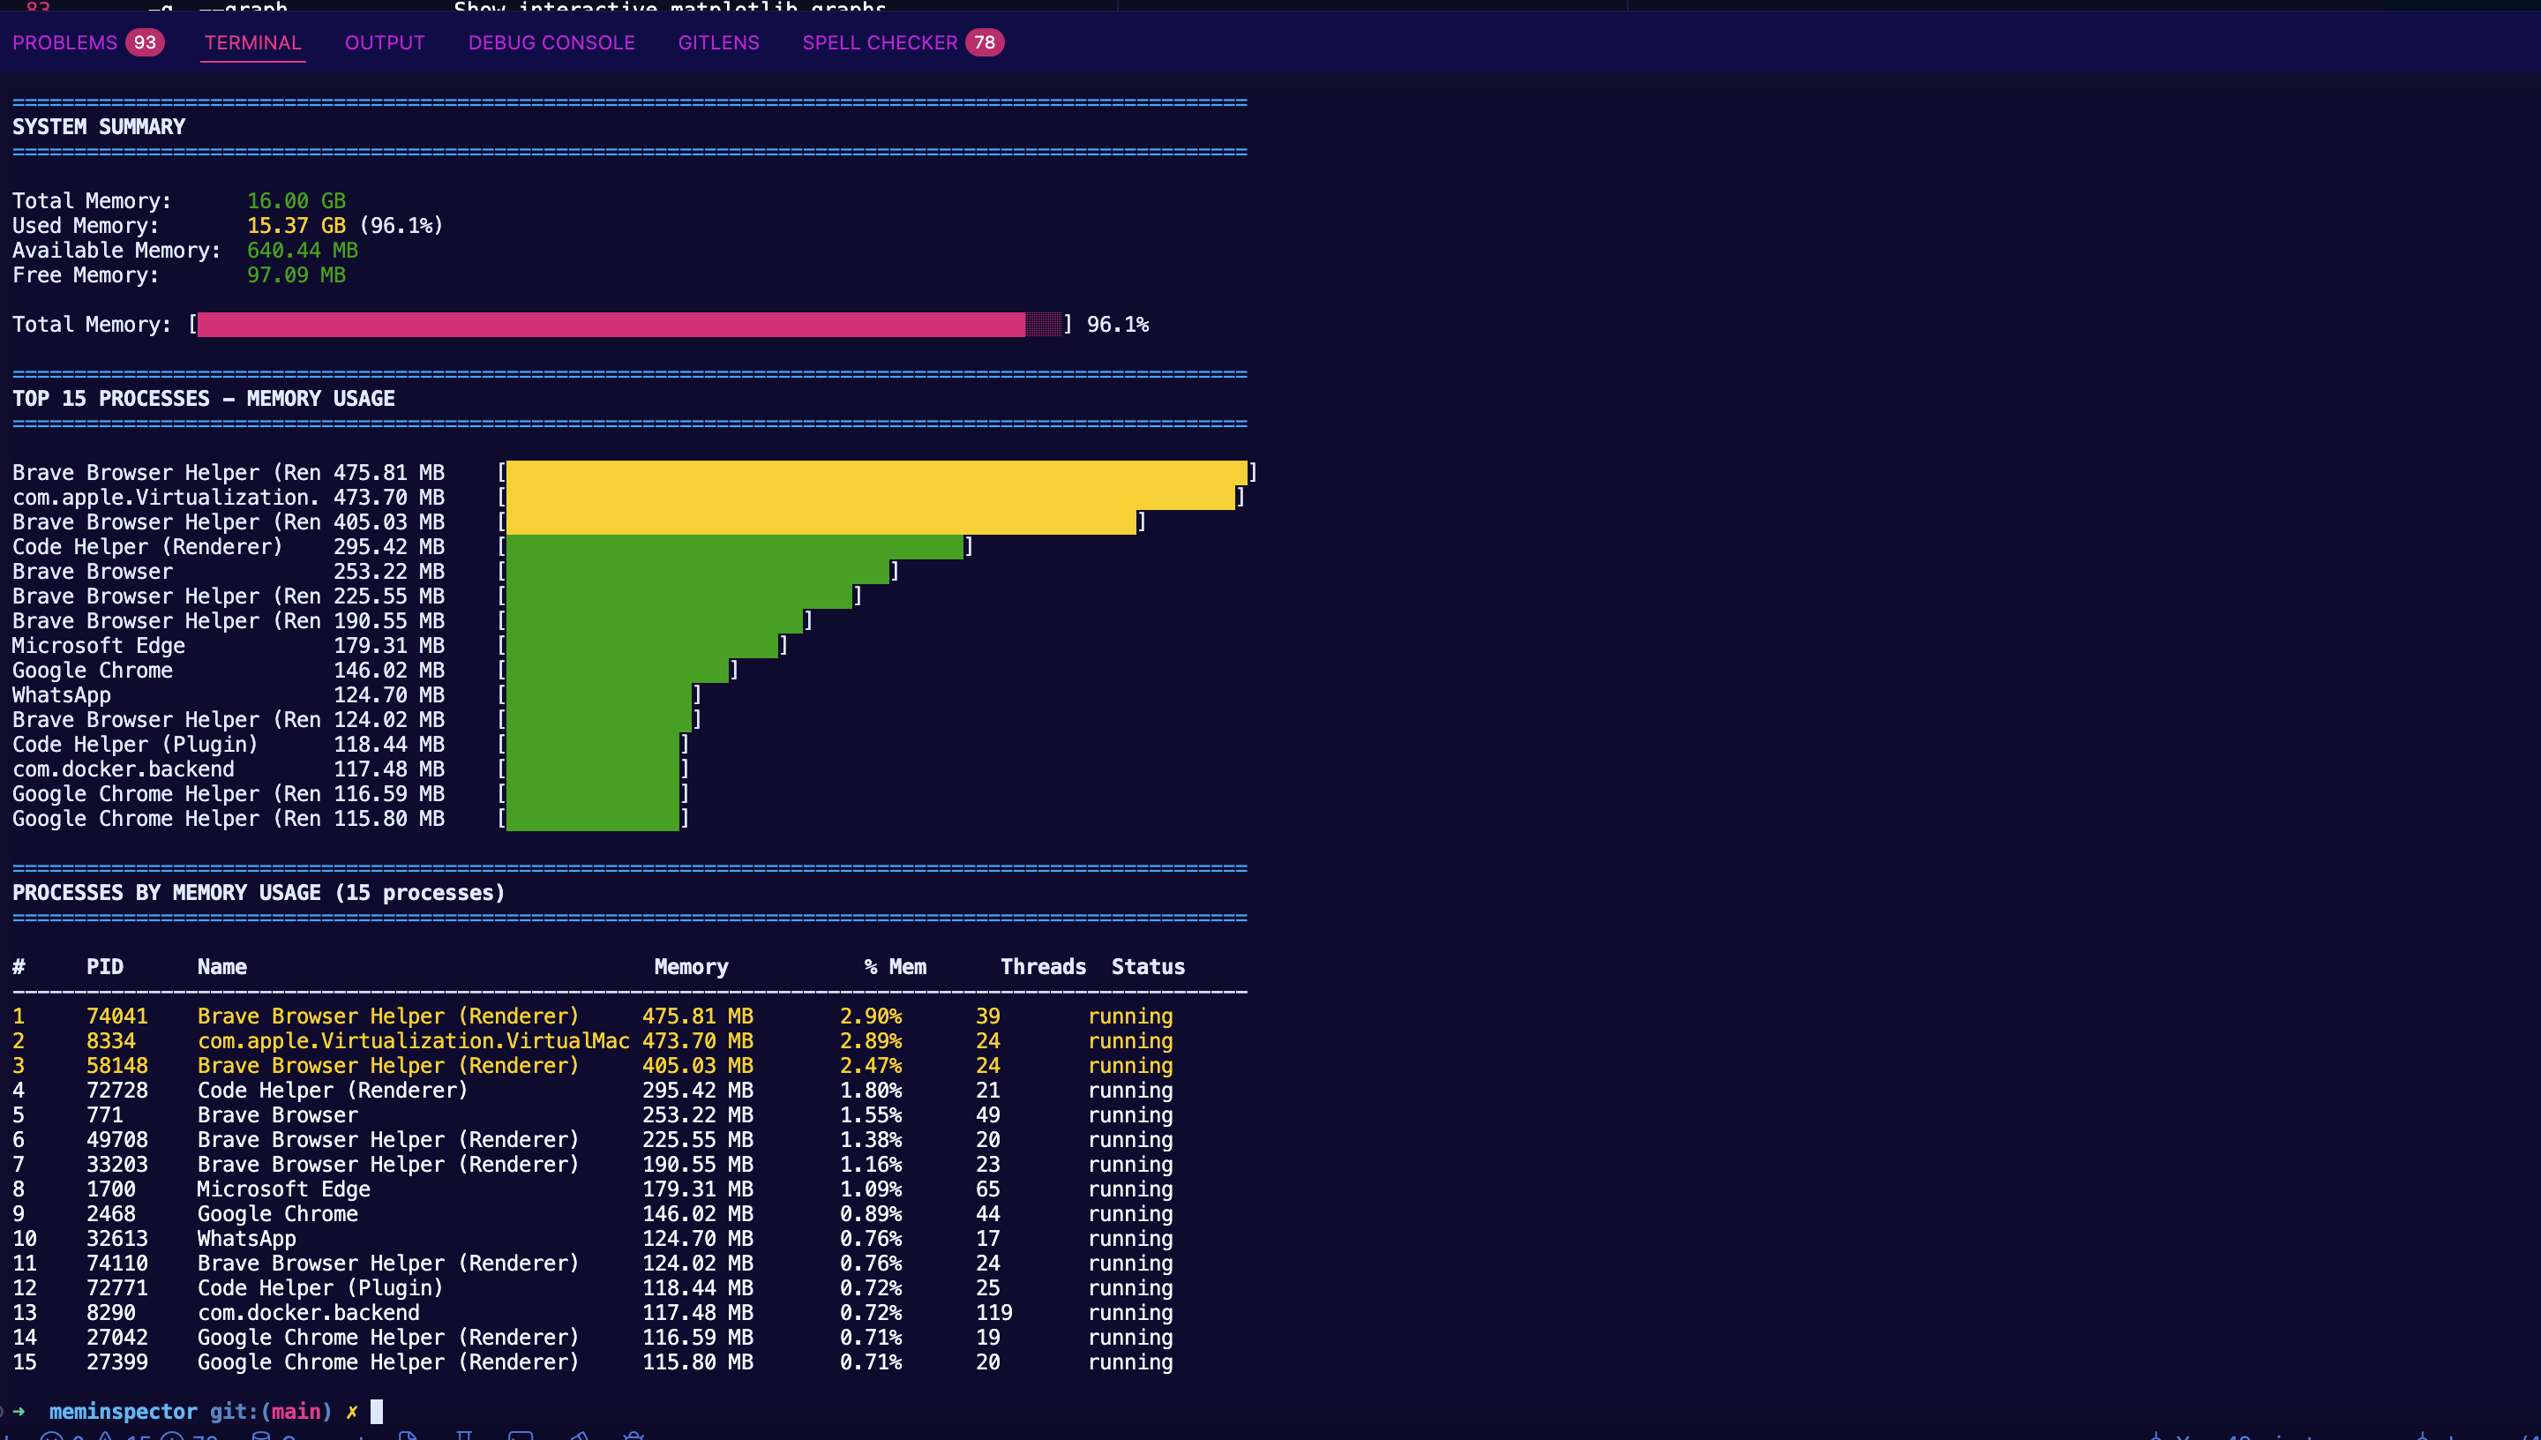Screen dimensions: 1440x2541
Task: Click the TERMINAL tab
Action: (252, 42)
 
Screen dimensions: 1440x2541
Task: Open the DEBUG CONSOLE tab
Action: (551, 42)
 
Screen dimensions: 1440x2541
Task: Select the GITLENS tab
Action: (718, 42)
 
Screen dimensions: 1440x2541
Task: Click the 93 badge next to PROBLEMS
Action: (145, 42)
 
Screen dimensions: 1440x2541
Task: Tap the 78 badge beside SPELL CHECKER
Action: (984, 42)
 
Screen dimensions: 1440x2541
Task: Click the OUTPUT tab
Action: (385, 42)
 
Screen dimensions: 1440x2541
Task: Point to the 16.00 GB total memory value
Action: (296, 201)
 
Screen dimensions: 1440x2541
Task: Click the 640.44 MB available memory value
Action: (302, 251)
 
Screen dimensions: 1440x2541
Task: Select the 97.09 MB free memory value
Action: (296, 275)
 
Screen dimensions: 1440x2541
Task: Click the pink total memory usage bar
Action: (611, 325)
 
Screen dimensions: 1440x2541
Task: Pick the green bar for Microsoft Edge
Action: (641, 646)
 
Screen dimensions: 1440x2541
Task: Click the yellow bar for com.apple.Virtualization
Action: (870, 498)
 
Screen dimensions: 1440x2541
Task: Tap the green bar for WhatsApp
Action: (598, 695)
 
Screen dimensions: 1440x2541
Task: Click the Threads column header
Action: (1042, 966)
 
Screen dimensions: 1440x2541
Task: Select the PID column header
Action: (105, 966)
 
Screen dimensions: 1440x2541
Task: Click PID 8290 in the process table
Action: (111, 1312)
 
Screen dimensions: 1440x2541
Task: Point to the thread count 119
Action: (993, 1312)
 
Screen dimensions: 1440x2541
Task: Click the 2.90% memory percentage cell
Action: (870, 1016)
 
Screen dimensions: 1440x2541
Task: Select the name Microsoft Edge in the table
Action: (284, 1189)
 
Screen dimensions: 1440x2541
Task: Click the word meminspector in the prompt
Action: (123, 1411)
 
